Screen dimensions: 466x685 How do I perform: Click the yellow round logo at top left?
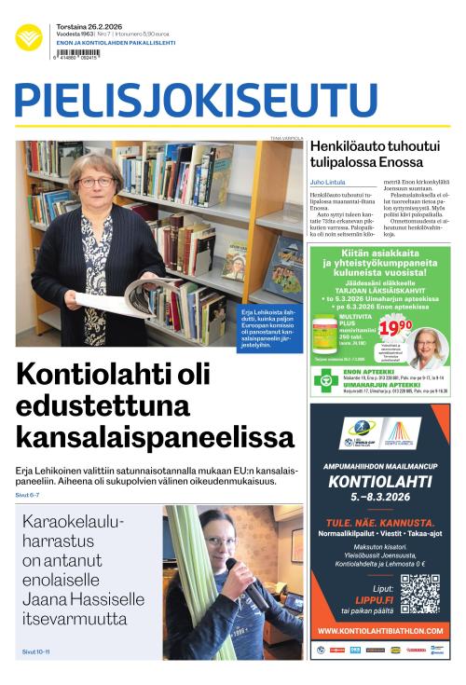point(29,37)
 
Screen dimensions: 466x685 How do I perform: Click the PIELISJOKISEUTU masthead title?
point(183,100)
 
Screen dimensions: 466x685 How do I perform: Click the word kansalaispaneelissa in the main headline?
point(156,435)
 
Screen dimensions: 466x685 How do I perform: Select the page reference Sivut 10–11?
point(35,651)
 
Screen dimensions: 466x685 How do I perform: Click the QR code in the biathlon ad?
point(419,594)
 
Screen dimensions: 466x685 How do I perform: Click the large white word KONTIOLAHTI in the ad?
point(379,483)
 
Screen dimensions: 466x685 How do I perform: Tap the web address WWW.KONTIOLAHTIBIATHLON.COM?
point(379,631)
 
